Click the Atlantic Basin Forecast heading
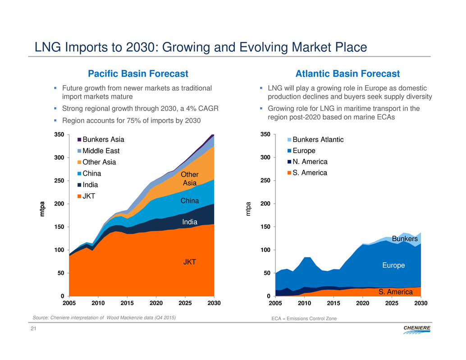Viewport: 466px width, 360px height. tap(347, 73)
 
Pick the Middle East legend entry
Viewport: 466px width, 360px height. tap(100, 151)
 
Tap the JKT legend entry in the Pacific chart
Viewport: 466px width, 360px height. tap(91, 196)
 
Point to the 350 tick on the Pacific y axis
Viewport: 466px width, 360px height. tap(59, 135)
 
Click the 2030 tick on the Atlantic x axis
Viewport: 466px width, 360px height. tap(420, 303)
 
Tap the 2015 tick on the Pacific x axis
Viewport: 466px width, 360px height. tap(127, 303)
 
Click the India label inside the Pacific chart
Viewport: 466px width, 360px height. tap(190, 222)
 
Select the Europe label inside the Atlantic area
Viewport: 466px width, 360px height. tap(393, 265)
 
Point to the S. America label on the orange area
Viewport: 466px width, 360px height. tap(395, 292)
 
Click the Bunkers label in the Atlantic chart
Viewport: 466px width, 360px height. tap(405, 238)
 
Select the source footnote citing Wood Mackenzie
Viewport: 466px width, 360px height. tap(104, 318)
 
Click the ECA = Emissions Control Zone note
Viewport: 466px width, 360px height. tap(304, 319)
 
